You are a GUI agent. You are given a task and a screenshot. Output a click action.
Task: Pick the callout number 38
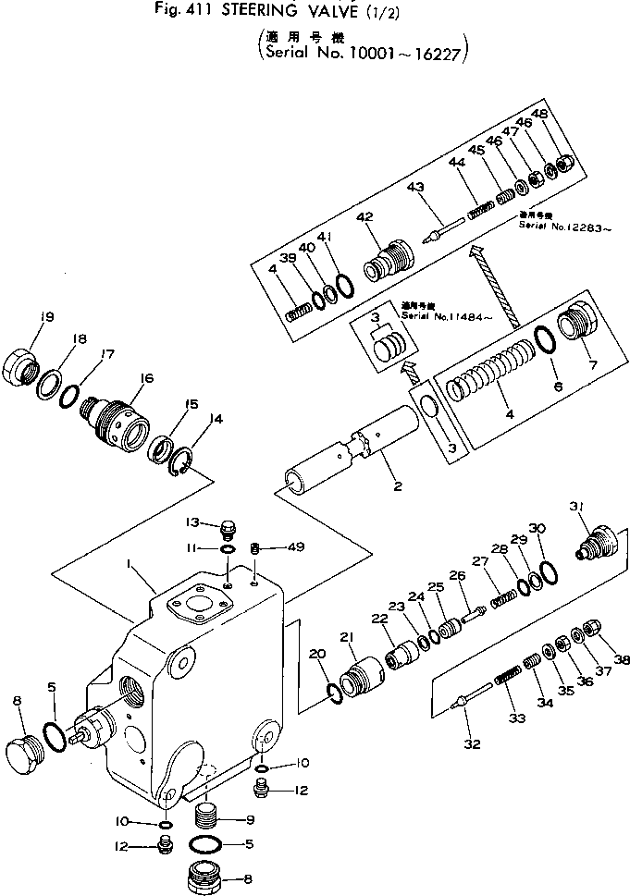[623, 661]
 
